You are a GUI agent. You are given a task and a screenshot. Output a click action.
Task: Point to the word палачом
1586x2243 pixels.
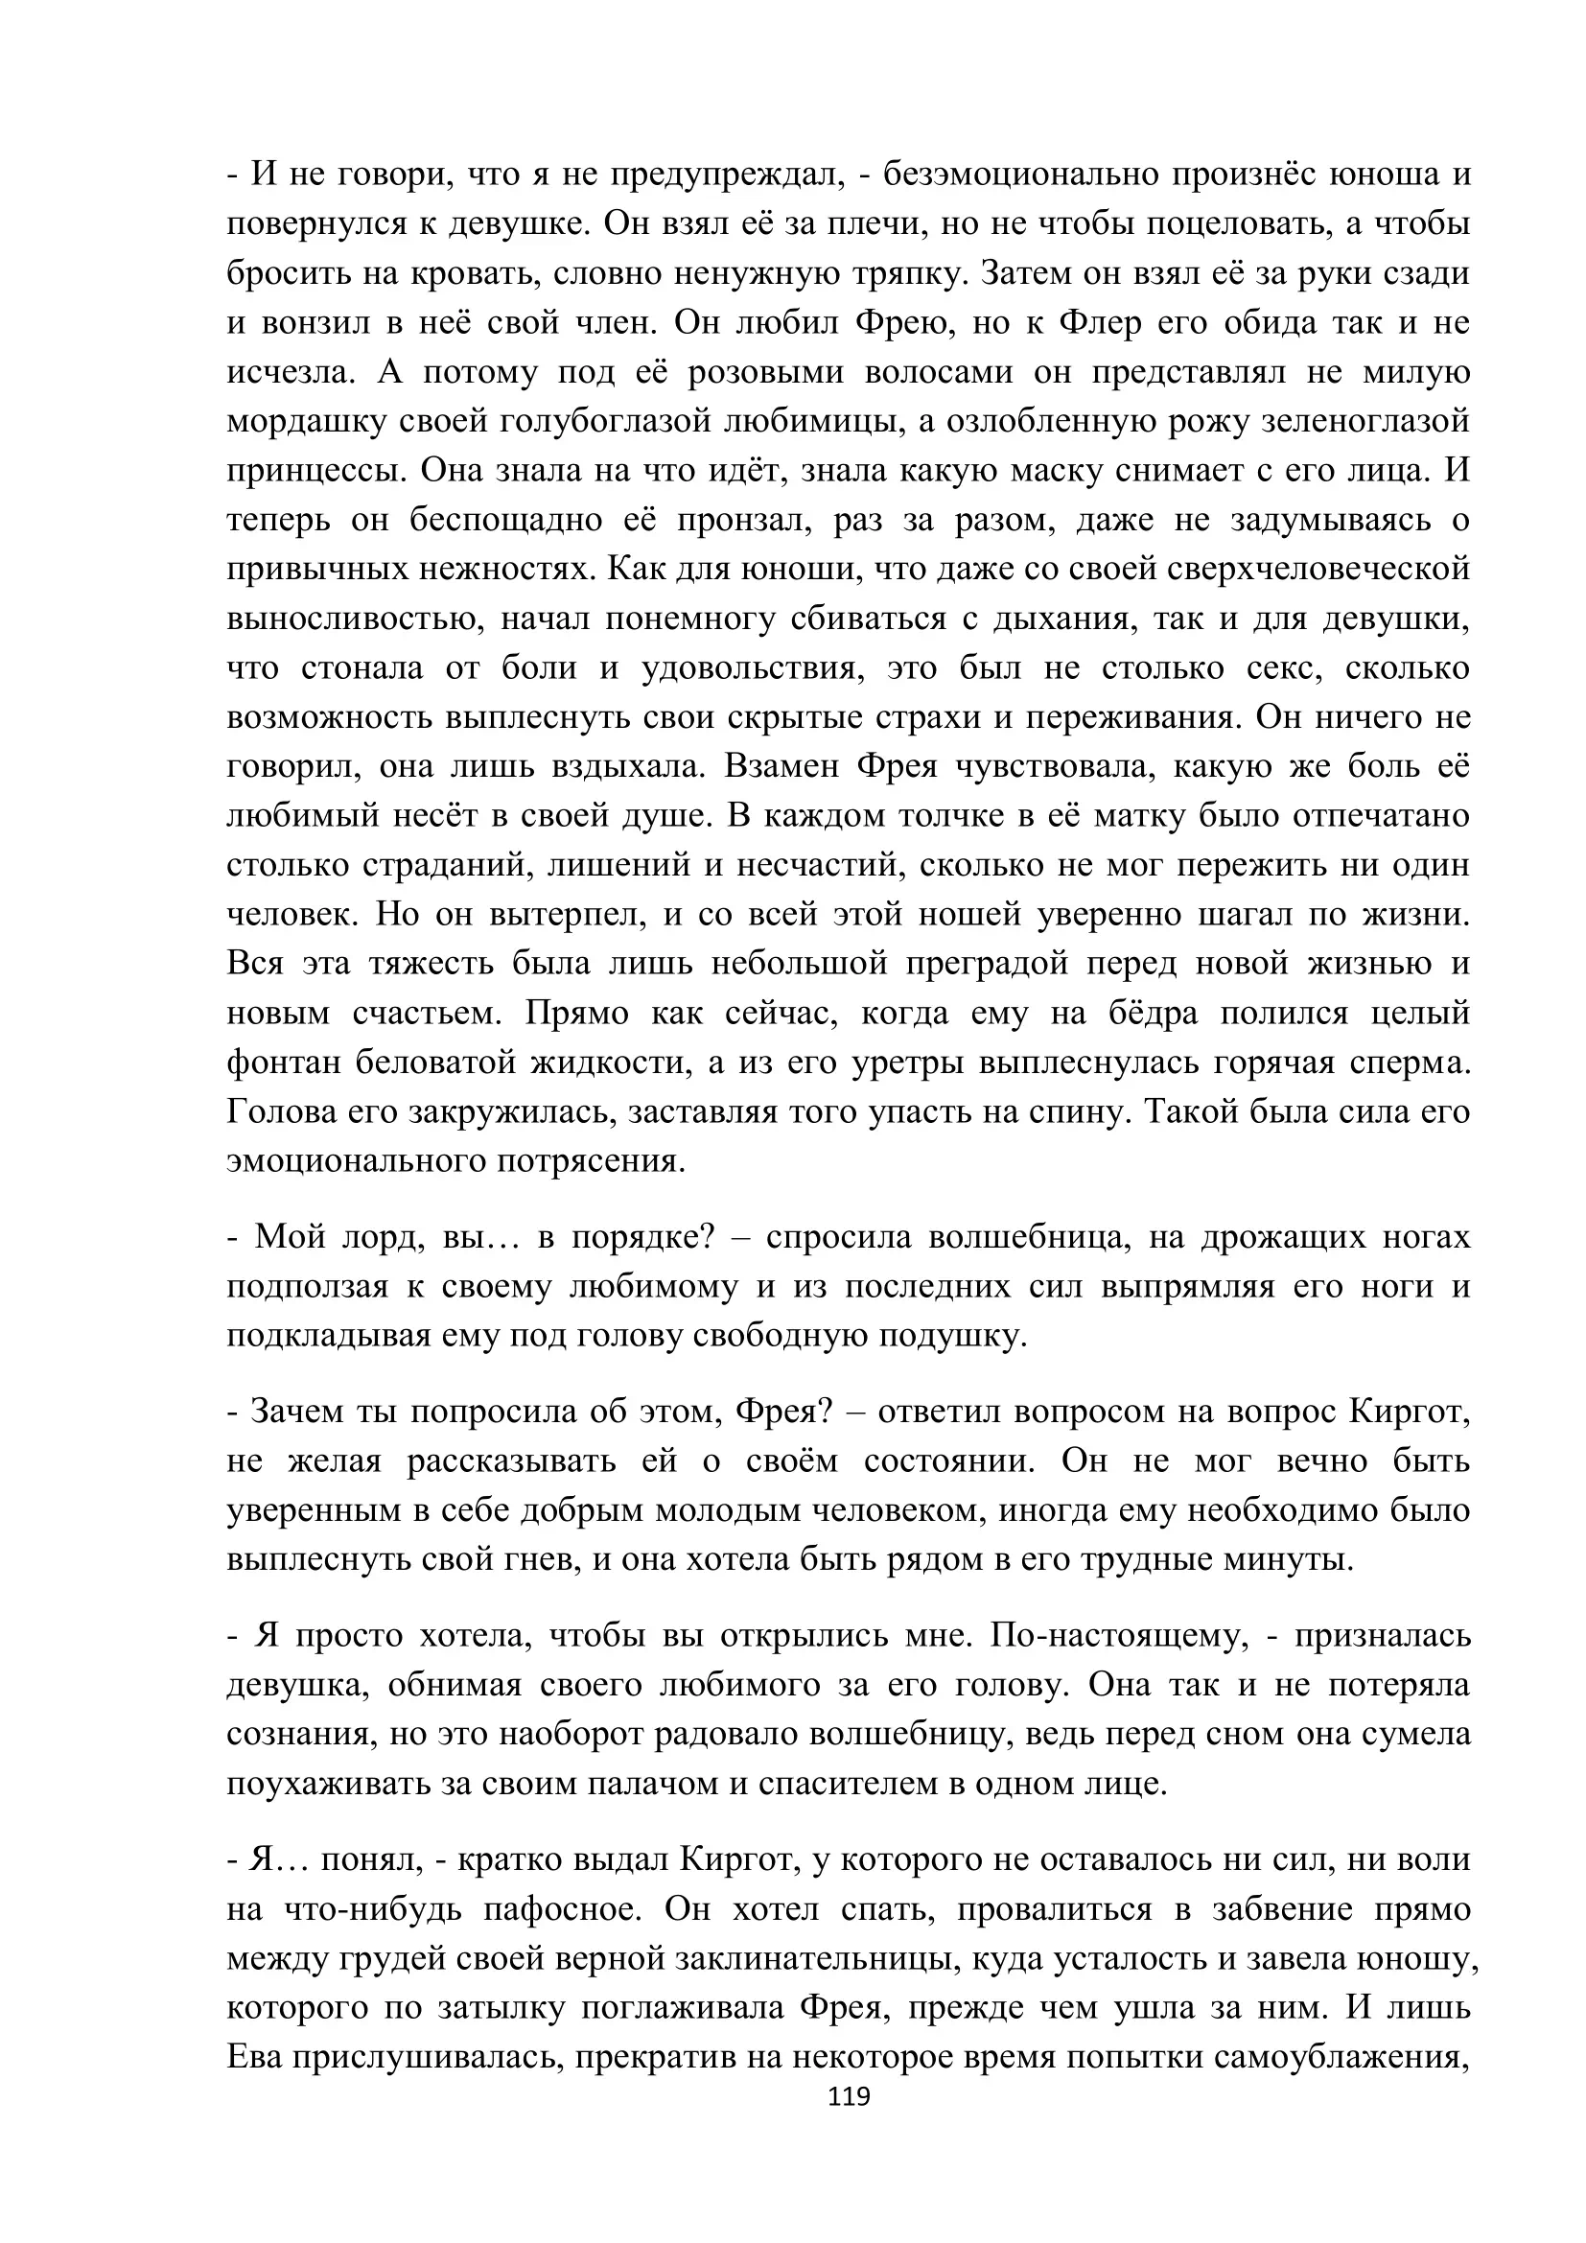click(x=653, y=1783)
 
